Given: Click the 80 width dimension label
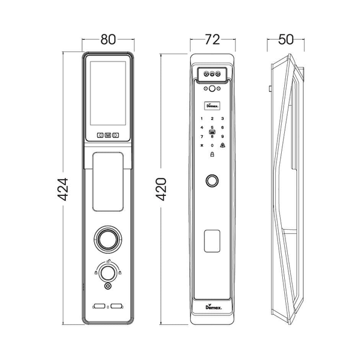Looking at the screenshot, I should (108, 40).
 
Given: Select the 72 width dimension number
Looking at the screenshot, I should (212, 40).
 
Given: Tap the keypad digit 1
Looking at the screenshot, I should (202, 118).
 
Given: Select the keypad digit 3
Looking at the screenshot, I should (223, 118).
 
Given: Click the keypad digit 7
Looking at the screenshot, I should (202, 136).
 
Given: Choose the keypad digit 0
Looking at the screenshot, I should (212, 145).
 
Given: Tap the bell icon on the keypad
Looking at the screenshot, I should (223, 145).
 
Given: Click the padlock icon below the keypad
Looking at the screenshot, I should (212, 156).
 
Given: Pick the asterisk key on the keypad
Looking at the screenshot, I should (202, 145).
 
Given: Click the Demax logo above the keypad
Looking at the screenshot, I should (212, 103).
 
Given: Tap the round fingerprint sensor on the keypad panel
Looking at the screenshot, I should (212, 180).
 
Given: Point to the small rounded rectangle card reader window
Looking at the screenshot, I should (212, 241).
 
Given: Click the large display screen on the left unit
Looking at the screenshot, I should (108, 95).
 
